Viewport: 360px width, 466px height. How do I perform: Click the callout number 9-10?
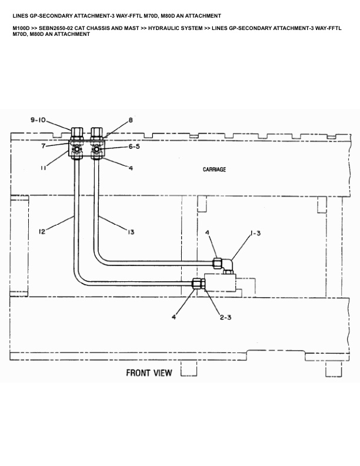[x=38, y=120]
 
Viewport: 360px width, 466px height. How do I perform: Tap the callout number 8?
[x=130, y=120]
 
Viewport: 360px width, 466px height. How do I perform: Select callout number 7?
[x=43, y=146]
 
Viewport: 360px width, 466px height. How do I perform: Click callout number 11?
[x=43, y=168]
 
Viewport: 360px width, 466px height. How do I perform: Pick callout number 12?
[x=42, y=232]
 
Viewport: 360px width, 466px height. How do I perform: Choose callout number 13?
[x=131, y=232]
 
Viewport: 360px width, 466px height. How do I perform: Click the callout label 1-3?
[x=255, y=234]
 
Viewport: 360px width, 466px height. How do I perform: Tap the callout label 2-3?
[x=225, y=317]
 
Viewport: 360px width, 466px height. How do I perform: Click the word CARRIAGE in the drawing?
[x=214, y=169]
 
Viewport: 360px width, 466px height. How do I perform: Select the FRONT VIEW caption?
[x=149, y=372]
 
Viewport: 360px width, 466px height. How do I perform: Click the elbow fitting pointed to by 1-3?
[x=225, y=263]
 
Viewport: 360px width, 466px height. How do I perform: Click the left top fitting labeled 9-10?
[x=77, y=132]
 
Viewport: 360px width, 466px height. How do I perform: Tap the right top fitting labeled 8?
[x=97, y=132]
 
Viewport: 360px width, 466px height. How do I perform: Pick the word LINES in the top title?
[x=20, y=15]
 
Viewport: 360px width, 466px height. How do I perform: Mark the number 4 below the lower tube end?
[x=174, y=317]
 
